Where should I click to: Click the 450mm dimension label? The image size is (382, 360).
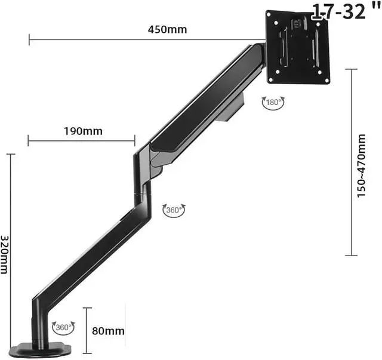(167, 29)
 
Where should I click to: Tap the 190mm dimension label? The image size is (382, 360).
(83, 131)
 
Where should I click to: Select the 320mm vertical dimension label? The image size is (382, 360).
(4, 255)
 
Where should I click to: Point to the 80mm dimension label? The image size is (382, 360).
(108, 331)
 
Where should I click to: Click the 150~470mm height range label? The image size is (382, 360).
(361, 165)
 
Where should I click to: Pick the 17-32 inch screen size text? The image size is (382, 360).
(346, 11)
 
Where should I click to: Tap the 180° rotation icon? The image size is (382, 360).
(273, 102)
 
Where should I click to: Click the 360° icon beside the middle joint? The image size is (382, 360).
(174, 210)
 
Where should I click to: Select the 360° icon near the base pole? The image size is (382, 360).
(63, 327)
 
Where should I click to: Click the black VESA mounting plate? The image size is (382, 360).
(298, 47)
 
